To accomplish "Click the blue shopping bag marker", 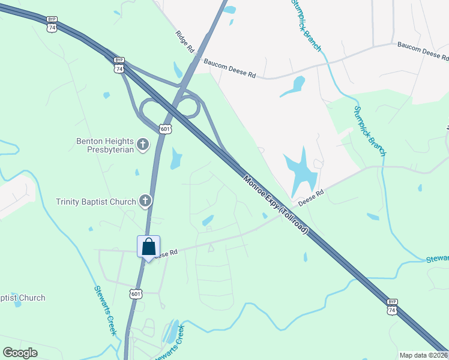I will click(x=149, y=247).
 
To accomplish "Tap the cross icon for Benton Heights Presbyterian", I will click(x=143, y=144).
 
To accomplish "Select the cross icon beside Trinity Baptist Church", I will click(x=145, y=201).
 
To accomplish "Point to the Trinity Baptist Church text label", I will click(x=96, y=202).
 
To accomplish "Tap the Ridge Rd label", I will click(x=185, y=41).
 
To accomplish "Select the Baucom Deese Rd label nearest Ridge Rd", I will click(x=229, y=68).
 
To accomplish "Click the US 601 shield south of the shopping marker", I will click(x=136, y=293).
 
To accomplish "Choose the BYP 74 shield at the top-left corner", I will click(x=52, y=23).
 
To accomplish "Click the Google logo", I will click(x=20, y=352).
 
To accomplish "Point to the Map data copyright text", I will click(x=424, y=355).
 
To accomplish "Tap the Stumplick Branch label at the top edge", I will click(x=305, y=24).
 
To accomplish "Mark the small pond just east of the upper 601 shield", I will click(x=176, y=158).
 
